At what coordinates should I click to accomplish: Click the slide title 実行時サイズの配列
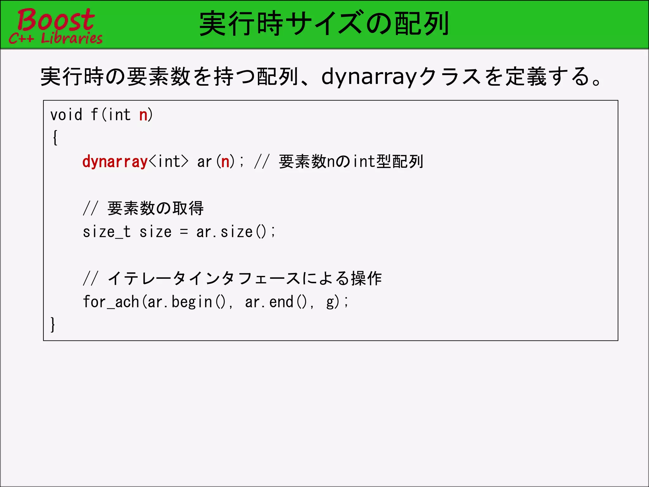click(x=324, y=24)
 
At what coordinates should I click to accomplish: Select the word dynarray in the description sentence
click(x=368, y=77)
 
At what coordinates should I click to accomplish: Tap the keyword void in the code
click(x=66, y=115)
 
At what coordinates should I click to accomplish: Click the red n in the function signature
click(x=143, y=115)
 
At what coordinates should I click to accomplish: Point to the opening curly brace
click(x=55, y=138)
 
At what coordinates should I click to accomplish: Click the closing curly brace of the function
click(x=53, y=324)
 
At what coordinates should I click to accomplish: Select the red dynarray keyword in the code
click(x=115, y=162)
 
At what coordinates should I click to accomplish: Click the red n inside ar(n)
click(x=225, y=162)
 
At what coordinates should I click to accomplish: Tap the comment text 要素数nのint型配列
click(x=351, y=162)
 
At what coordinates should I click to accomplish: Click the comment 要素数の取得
click(x=155, y=209)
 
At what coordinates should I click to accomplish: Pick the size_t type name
click(x=106, y=232)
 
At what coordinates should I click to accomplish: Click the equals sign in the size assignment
click(x=184, y=232)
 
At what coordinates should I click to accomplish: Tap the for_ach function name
click(x=111, y=302)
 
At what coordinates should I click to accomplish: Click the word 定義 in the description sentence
click(x=525, y=77)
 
